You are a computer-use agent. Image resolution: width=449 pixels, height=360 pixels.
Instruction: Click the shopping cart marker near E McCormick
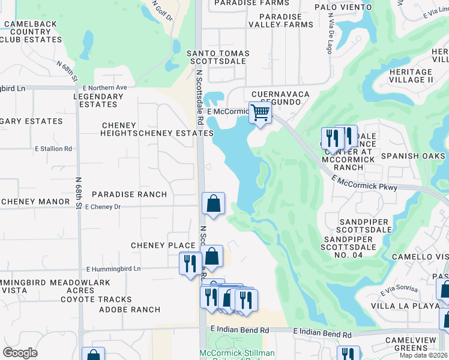[260, 112]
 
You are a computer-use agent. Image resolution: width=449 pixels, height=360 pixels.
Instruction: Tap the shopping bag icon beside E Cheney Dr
[214, 203]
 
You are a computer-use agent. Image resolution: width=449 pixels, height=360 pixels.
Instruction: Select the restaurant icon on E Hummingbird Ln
[190, 263]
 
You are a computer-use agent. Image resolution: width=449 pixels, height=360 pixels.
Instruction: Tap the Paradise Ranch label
[129, 194]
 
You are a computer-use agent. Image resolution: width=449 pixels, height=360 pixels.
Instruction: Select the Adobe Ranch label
[129, 310]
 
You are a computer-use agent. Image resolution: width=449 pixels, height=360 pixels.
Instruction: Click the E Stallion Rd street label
[53, 148]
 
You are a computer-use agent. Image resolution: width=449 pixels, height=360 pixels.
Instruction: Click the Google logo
[20, 353]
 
